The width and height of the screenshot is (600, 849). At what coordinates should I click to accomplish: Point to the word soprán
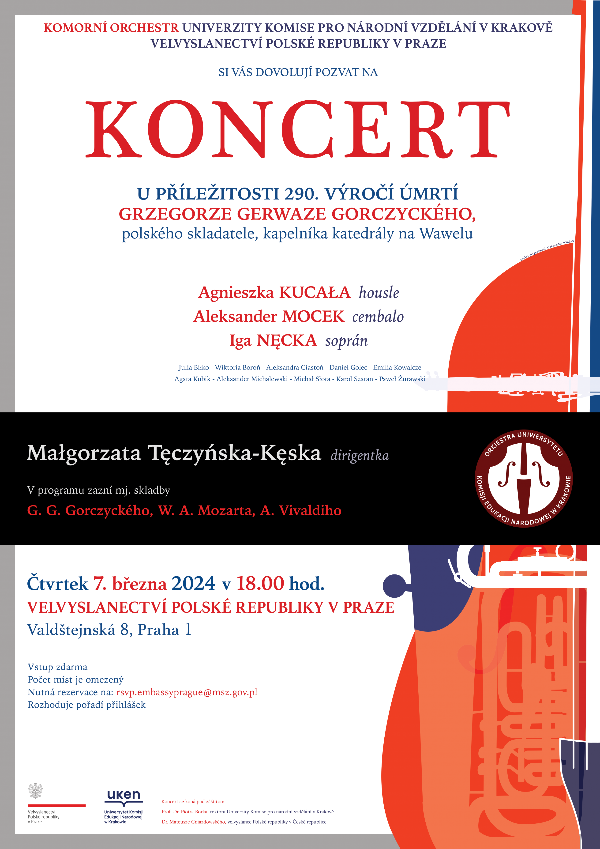coord(346,341)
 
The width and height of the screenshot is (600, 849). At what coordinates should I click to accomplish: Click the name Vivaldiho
coord(310,510)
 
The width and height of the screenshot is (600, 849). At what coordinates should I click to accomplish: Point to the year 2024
coord(193,584)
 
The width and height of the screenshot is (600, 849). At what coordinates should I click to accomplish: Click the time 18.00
coord(260,584)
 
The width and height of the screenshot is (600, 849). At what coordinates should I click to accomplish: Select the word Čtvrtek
coord(57,584)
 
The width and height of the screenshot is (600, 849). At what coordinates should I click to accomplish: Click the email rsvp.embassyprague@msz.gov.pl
coord(187,692)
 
